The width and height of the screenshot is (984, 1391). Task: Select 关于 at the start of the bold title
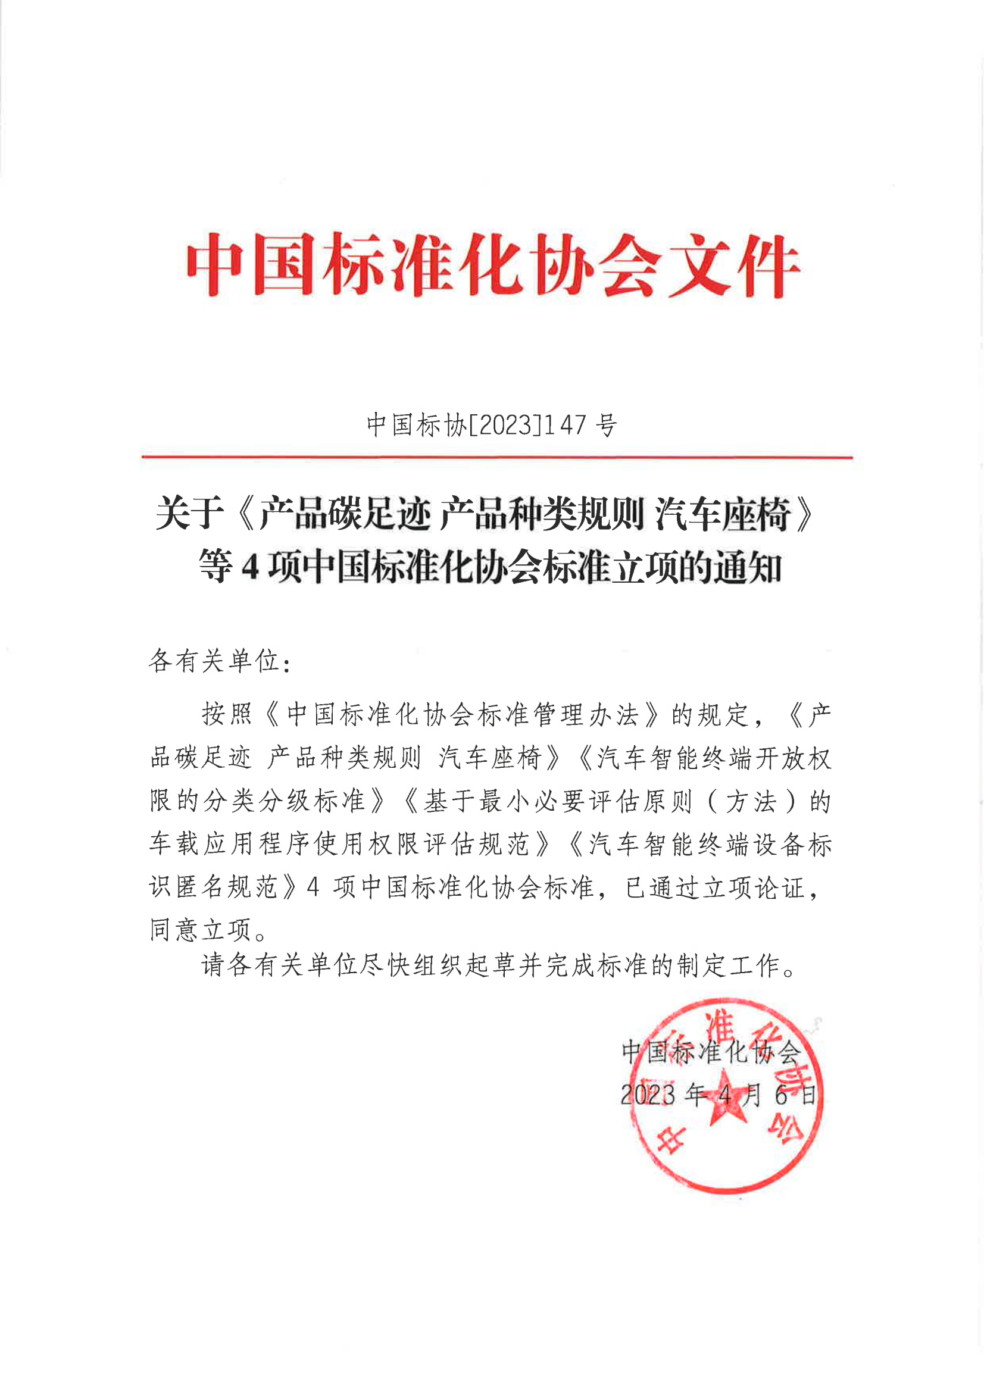189,513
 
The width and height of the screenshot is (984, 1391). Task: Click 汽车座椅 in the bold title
723,513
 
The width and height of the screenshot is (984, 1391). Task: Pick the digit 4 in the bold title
250,568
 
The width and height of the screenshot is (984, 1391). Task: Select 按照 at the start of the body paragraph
227,715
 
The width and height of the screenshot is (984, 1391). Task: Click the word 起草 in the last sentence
491,965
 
